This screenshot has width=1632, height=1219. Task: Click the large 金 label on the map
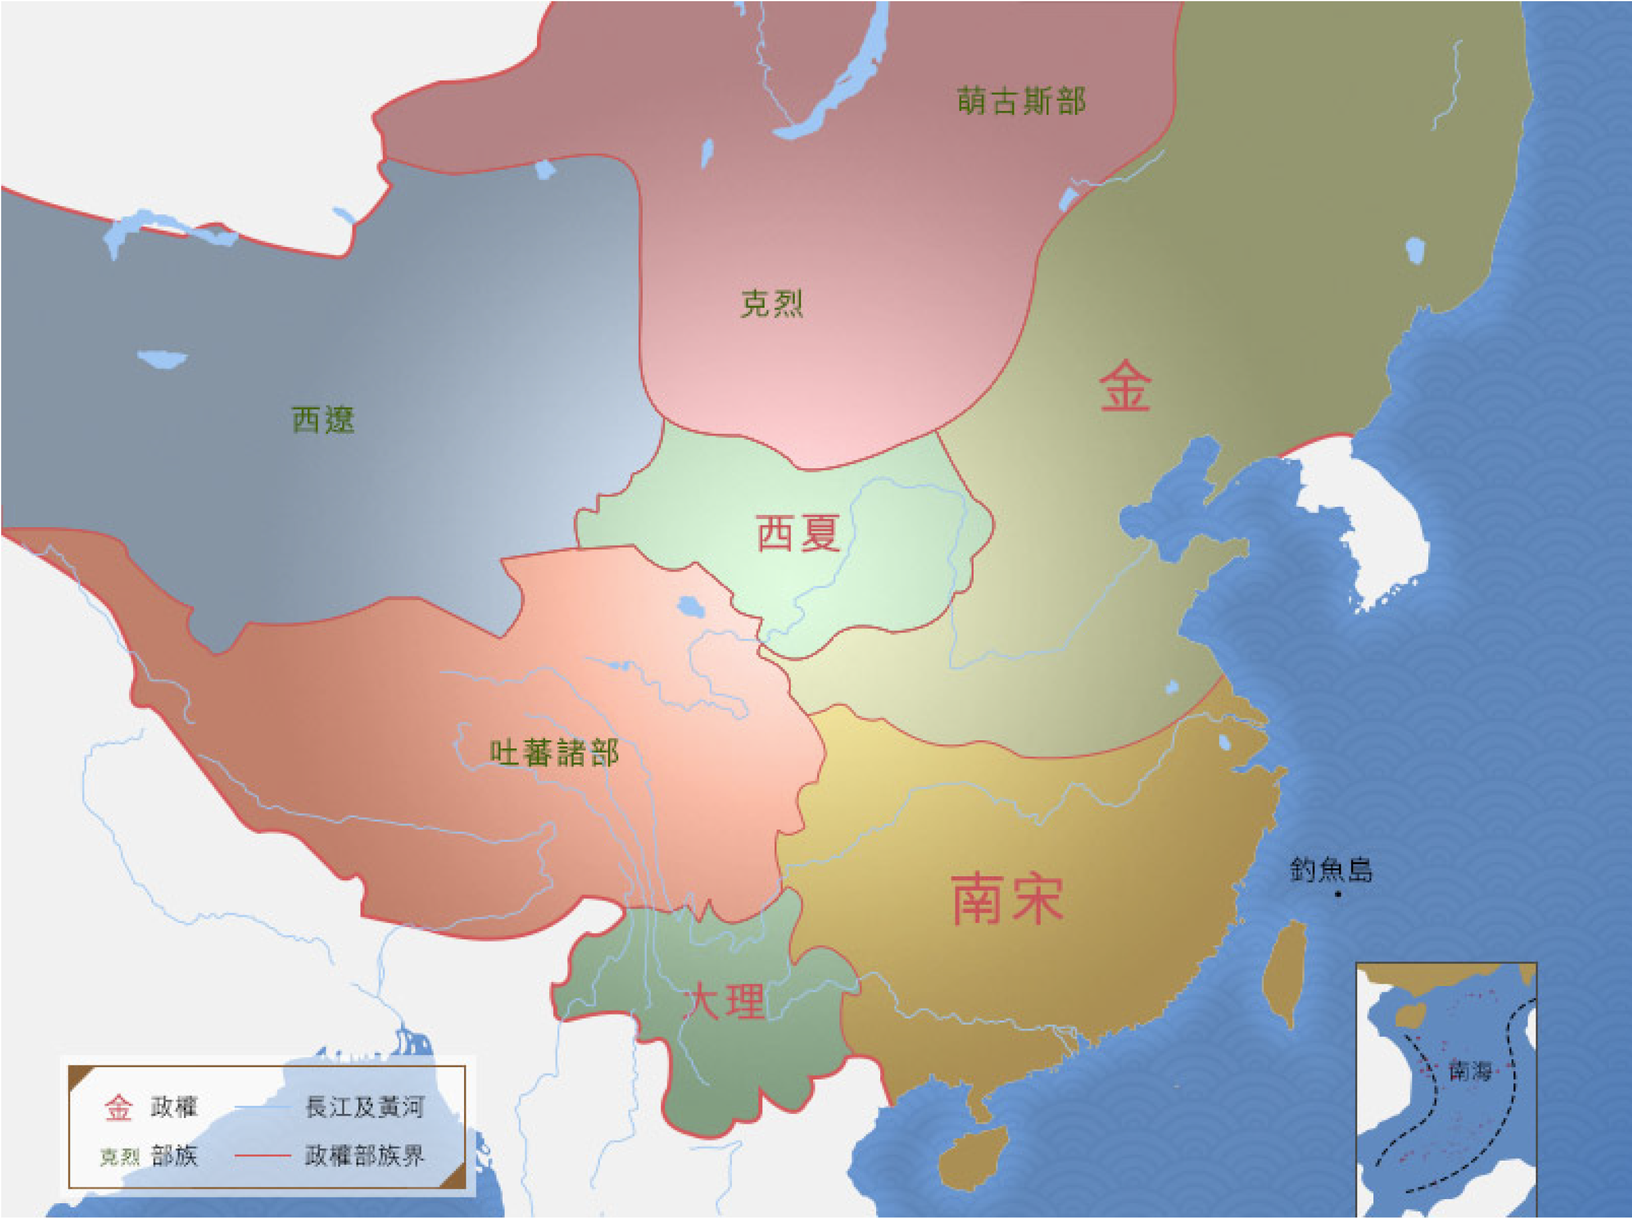pyautogui.click(x=1124, y=386)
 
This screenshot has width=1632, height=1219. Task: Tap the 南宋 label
pyautogui.click(x=1007, y=898)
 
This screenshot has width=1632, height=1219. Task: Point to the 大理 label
pyautogui.click(x=723, y=1002)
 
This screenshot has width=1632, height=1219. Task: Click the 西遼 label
pyautogui.click(x=323, y=420)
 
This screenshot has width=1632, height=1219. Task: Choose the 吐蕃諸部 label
pyautogui.click(x=554, y=753)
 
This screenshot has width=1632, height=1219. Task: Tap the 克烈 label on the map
pyautogui.click(x=771, y=303)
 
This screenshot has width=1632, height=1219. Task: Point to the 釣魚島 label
pyautogui.click(x=1331, y=870)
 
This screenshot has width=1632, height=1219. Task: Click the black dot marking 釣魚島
pyautogui.click(x=1338, y=894)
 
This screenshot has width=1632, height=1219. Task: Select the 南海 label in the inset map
pyautogui.click(x=1470, y=1071)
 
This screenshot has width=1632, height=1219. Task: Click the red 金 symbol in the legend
pyautogui.click(x=118, y=1107)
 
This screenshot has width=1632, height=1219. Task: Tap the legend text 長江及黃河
pyautogui.click(x=364, y=1107)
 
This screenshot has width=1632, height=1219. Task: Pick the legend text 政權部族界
pyautogui.click(x=364, y=1155)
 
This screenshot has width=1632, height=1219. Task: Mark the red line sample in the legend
pyautogui.click(x=262, y=1155)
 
